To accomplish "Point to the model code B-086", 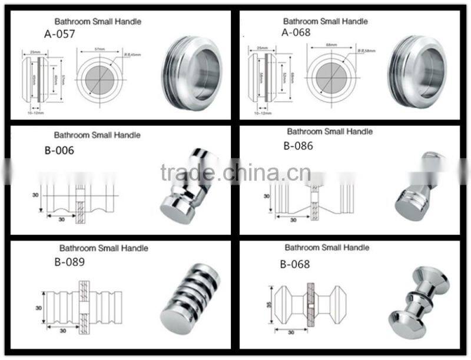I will coord(298,146).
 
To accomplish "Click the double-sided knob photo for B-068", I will coord(423,294).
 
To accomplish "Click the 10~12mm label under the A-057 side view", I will coord(35,110).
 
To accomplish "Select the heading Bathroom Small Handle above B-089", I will coord(104,248).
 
